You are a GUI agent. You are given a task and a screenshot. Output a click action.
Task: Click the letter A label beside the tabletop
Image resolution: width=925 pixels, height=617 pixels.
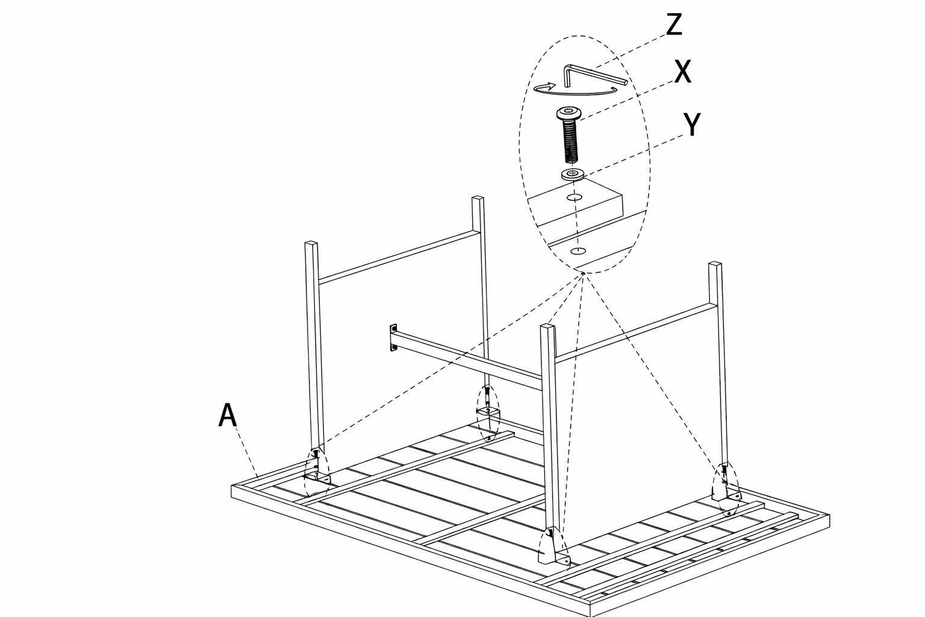pyautogui.click(x=228, y=415)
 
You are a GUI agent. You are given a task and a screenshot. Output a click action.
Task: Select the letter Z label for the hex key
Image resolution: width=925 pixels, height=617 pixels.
pyautogui.click(x=674, y=25)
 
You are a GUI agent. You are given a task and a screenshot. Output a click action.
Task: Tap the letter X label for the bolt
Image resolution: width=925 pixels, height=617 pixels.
pyautogui.click(x=683, y=72)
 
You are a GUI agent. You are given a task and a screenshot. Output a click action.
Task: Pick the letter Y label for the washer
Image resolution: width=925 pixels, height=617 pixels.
pyautogui.click(x=692, y=124)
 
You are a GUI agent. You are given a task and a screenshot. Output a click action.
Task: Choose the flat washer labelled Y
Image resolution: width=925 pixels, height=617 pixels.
pyautogui.click(x=572, y=174)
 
